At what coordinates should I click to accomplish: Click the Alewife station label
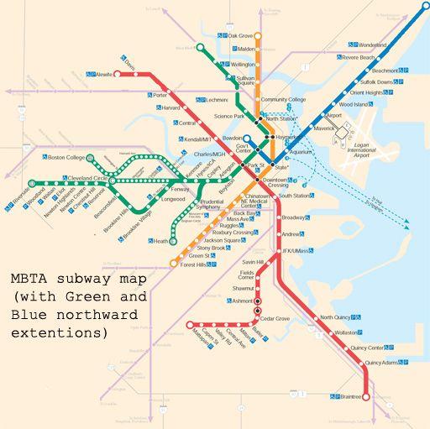tap(105, 74)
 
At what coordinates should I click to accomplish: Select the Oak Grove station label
tap(242, 35)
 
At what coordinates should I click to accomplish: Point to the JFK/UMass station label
tap(297, 251)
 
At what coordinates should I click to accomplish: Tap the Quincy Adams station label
tap(380, 363)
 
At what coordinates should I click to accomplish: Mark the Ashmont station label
tap(243, 300)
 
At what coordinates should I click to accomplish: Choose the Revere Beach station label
tap(359, 58)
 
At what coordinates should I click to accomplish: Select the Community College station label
tap(284, 100)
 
